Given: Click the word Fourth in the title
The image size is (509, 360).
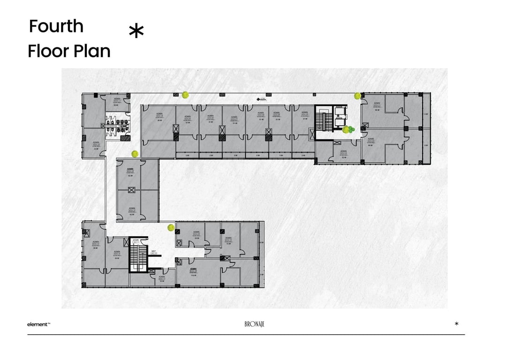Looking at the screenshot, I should point(56,26).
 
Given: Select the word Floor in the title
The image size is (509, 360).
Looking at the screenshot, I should point(46,51).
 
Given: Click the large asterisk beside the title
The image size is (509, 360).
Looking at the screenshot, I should point(136,32).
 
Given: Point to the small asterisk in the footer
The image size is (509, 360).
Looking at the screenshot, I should point(456,324).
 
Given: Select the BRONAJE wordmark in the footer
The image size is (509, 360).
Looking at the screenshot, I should point(254,324).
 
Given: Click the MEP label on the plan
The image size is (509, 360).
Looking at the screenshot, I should point(153,251).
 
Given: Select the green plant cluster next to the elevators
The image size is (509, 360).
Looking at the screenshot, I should point(348,129).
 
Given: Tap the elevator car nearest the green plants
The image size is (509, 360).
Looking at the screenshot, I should point(339,123).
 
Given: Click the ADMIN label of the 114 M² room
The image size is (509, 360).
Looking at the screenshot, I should point(193,269).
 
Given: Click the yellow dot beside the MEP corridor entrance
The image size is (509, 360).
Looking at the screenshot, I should point(171,228).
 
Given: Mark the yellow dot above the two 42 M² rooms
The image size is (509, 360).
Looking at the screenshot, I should point(135,153).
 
